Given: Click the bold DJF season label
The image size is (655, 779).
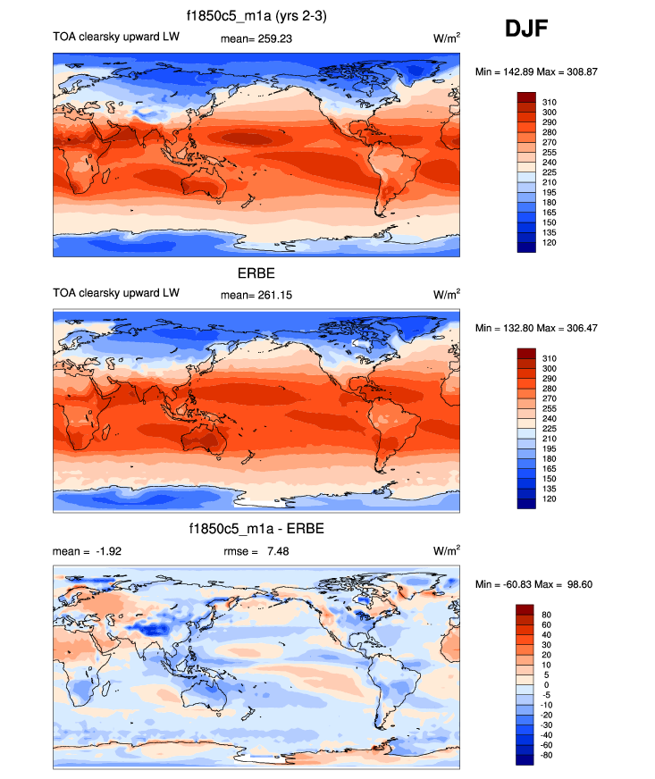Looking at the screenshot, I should tap(526, 29).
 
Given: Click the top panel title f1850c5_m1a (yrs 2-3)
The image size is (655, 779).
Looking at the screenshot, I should tap(256, 16).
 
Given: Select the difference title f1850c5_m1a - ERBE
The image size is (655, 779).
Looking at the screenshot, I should tap(256, 531).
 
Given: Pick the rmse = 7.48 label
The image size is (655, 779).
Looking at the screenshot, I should tap(256, 552).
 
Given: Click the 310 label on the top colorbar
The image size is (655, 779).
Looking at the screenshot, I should tap(550, 103).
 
